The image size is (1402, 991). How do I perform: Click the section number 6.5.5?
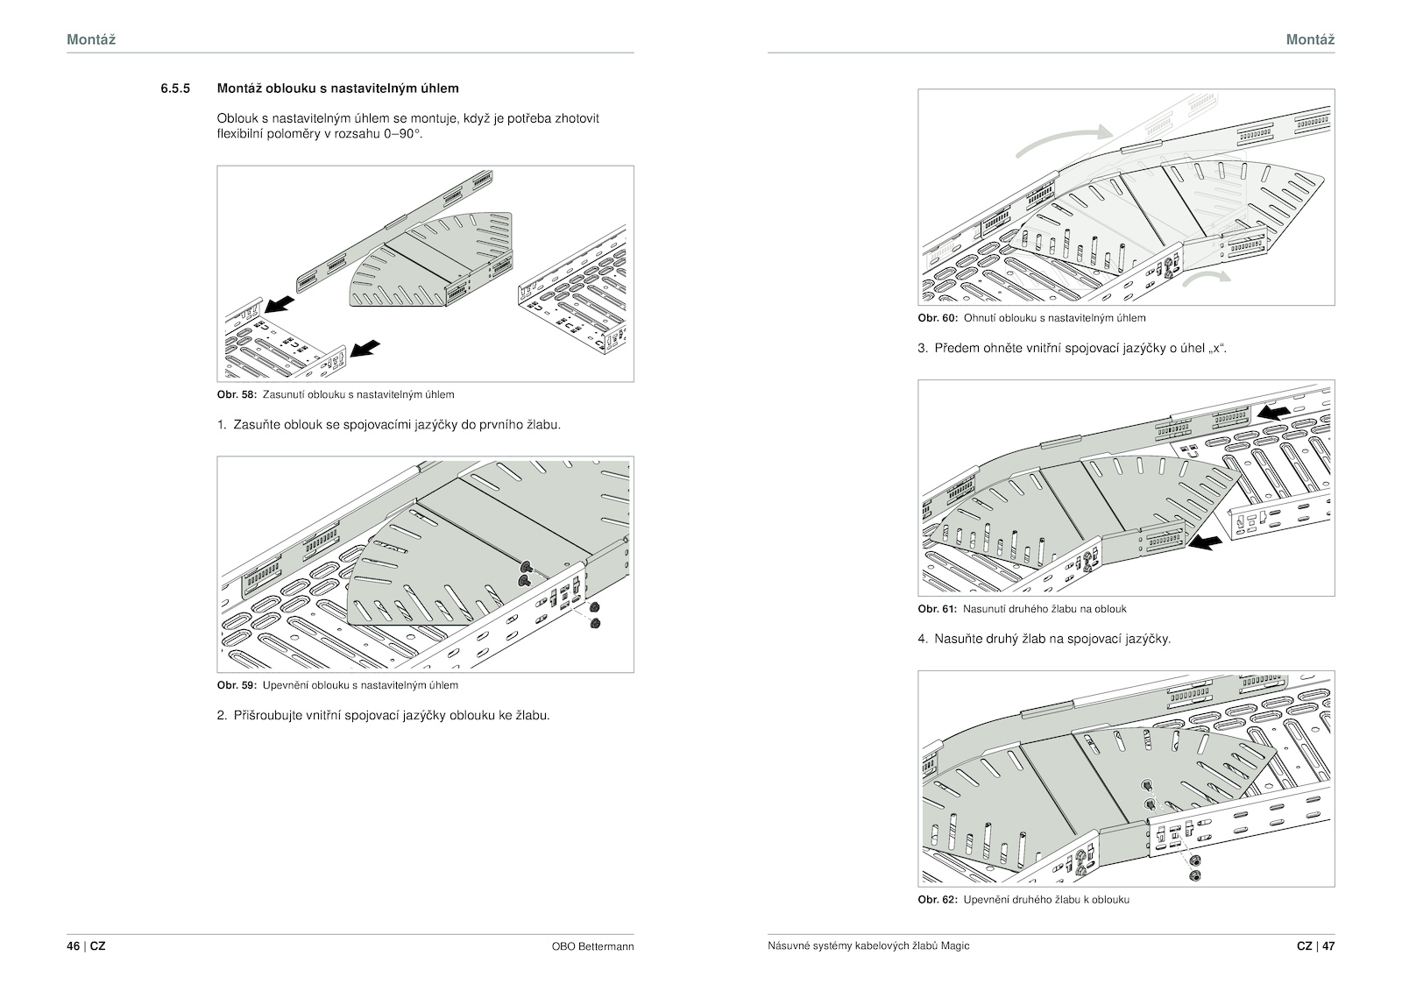pyautogui.click(x=175, y=88)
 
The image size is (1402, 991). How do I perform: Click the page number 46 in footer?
pyautogui.click(x=73, y=946)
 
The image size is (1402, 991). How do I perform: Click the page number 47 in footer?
pyautogui.click(x=1328, y=946)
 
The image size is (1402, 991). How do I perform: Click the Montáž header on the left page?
pyautogui.click(x=91, y=39)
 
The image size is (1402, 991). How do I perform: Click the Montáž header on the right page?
pyautogui.click(x=1310, y=39)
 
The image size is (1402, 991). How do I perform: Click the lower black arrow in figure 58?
pyautogui.click(x=365, y=349)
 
